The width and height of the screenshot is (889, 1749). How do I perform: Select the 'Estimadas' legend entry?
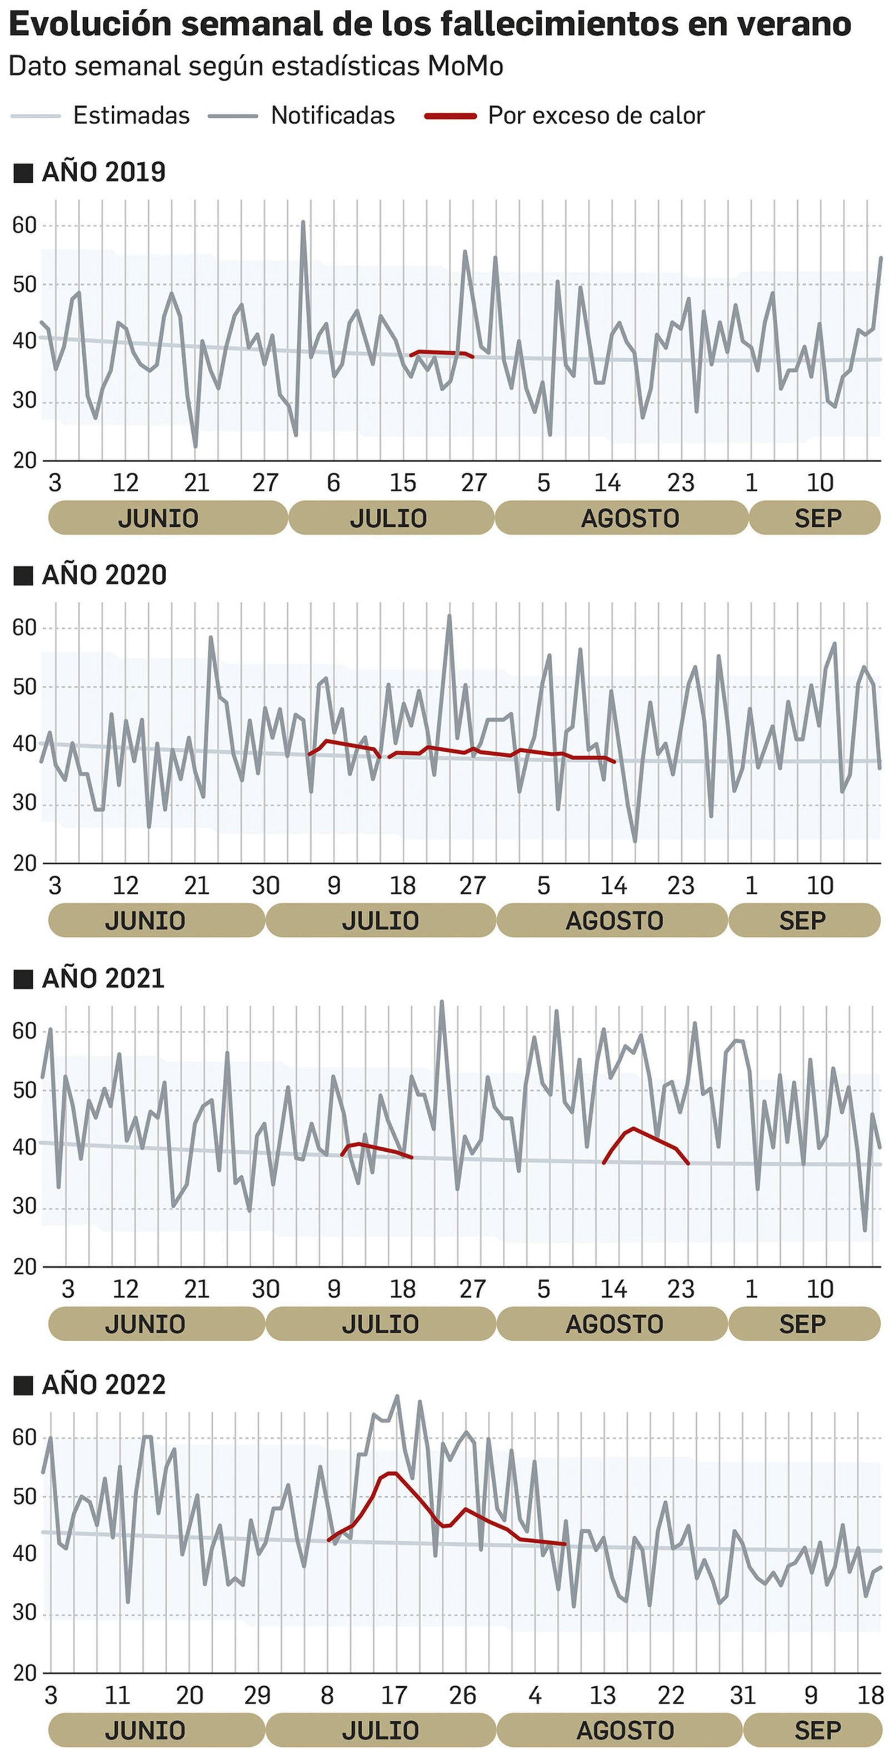131,116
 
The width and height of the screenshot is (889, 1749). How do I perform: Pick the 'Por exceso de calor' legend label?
596,116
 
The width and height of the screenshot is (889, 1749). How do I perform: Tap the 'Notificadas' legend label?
333,116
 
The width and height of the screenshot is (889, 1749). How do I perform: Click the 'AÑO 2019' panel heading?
103,172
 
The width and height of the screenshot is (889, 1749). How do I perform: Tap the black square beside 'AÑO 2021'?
23,978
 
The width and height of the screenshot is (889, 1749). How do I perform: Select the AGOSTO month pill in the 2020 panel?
614,921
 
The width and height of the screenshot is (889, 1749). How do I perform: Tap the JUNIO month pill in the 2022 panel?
144,1730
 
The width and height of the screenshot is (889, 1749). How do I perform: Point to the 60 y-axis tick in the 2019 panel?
24,226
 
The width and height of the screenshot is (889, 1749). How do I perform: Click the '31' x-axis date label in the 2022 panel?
742,1695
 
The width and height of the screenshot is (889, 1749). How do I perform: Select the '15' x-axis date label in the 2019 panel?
402,483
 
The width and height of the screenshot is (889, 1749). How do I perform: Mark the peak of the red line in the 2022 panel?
392,1473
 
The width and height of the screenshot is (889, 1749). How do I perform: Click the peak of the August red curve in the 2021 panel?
633,1128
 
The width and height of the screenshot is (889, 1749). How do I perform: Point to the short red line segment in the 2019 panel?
441,353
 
